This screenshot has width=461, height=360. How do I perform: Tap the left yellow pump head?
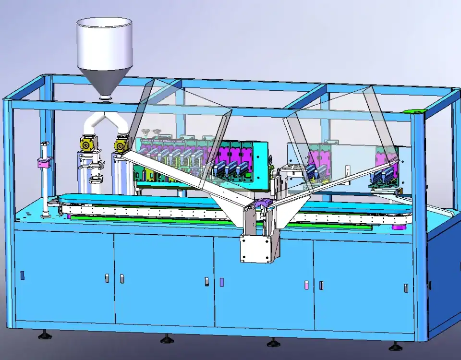click(x=87, y=144)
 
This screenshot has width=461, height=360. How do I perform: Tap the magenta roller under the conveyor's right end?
click(x=397, y=227)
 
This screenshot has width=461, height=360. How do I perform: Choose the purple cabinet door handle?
click(x=221, y=282)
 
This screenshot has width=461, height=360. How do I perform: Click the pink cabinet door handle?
click(x=306, y=285)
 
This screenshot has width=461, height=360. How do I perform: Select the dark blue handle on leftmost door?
click(x=22, y=275)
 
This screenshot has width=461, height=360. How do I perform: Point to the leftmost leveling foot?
click(x=45, y=335)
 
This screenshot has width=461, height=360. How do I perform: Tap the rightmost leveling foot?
click(x=395, y=346)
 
